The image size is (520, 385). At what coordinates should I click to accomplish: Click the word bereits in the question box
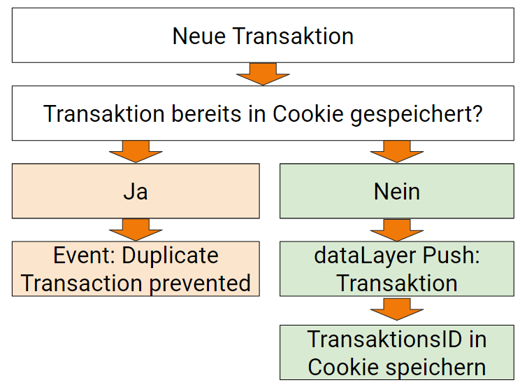coord(218,114)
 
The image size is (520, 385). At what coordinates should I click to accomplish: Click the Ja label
coord(136,191)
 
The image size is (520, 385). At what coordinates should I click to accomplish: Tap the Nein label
coord(397,191)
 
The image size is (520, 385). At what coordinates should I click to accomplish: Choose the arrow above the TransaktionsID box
coord(397,309)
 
